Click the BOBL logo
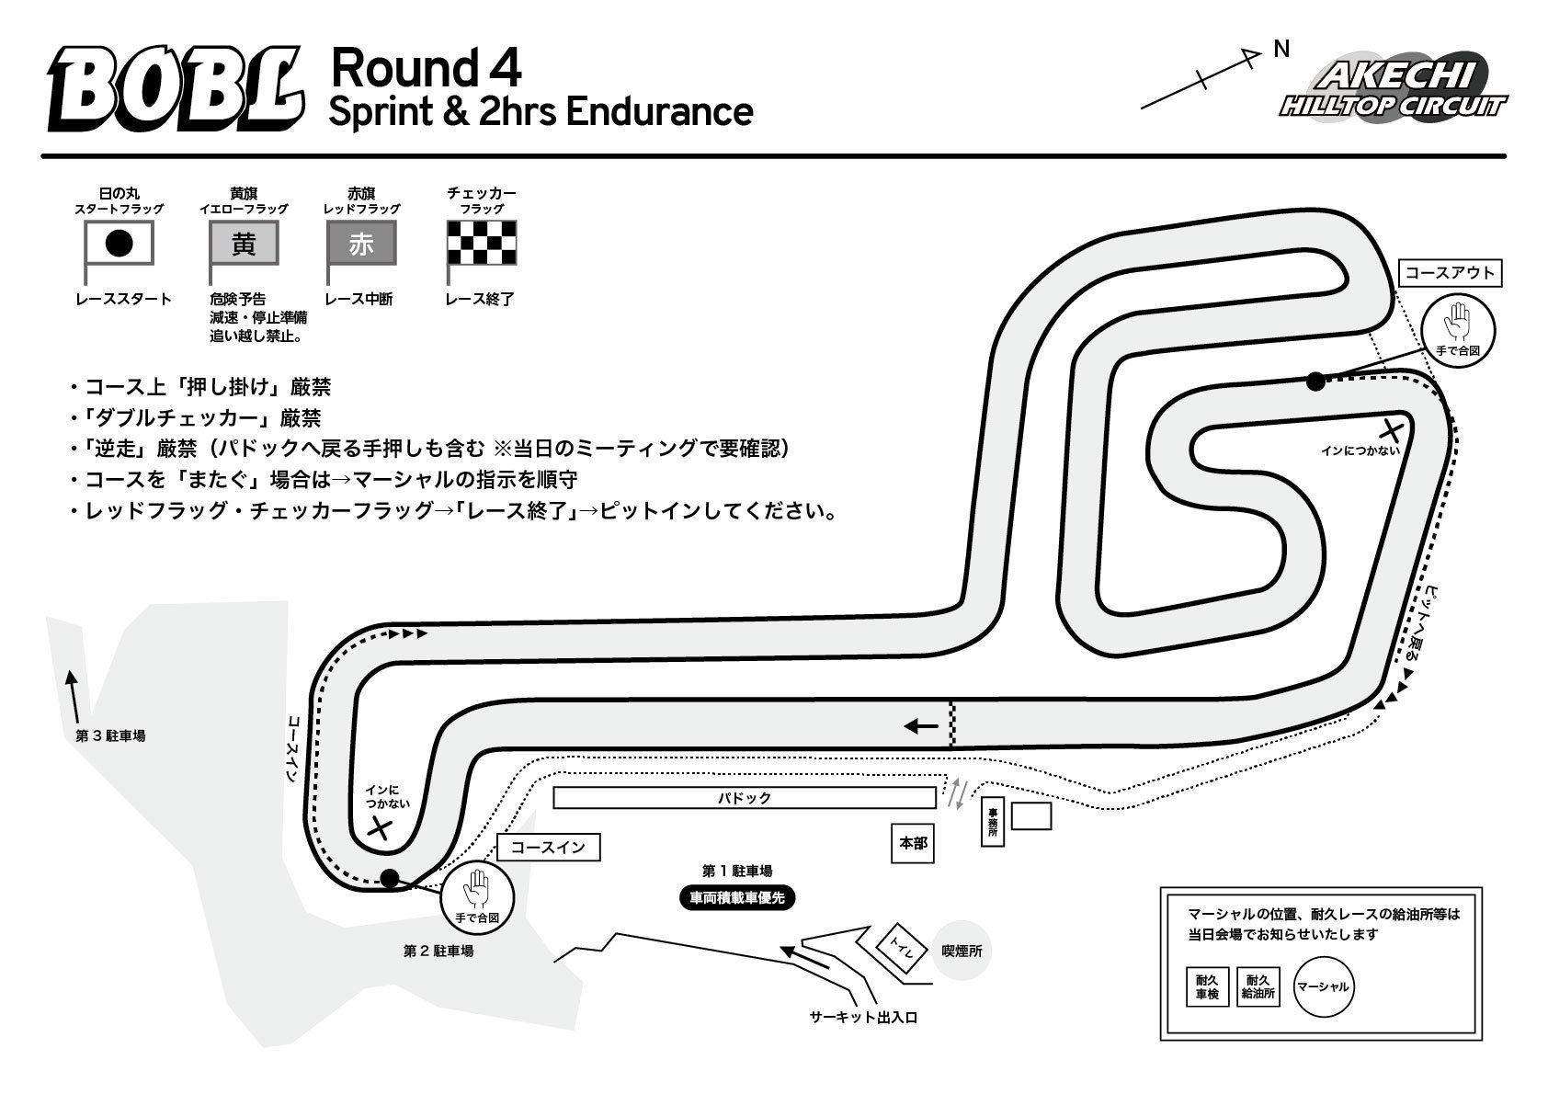pyautogui.click(x=176, y=88)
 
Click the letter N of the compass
pyautogui.click(x=1282, y=49)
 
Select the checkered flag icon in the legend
pyautogui.click(x=482, y=243)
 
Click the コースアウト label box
pyautogui.click(x=1450, y=273)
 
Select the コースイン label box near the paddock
pyautogui.click(x=548, y=847)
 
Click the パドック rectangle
pyautogui.click(x=745, y=798)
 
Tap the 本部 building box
pyautogui.click(x=912, y=843)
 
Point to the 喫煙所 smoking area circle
pyautogui.click(x=962, y=951)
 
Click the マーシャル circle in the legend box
pyautogui.click(x=1323, y=986)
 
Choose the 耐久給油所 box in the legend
pyautogui.click(x=1258, y=986)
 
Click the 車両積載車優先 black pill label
pyautogui.click(x=737, y=898)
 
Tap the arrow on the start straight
pyautogui.click(x=921, y=726)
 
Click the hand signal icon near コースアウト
pyautogui.click(x=1458, y=330)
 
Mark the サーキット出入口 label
pyautogui.click(x=863, y=1018)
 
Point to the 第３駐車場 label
pyautogui.click(x=110, y=736)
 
